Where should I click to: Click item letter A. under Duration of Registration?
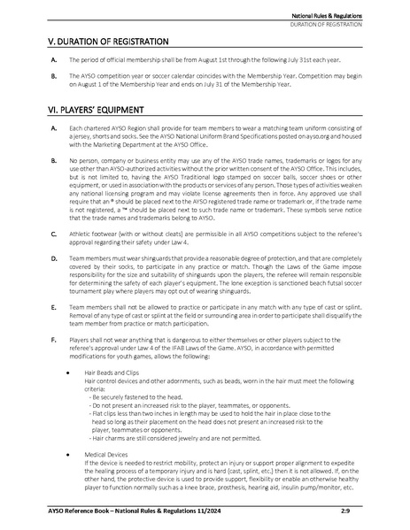pos(55,58)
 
